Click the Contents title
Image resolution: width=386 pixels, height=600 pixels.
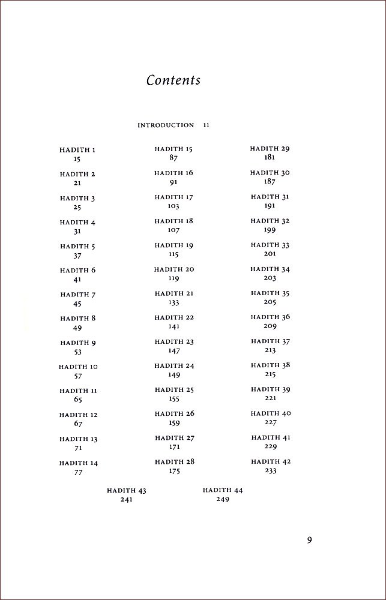coord(173,80)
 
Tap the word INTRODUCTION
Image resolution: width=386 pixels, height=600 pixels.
coord(166,125)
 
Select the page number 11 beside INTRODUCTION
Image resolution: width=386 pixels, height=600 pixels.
coord(206,125)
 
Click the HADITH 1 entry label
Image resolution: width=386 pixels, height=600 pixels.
coord(77,150)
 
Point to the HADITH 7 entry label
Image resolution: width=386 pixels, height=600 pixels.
coord(78,295)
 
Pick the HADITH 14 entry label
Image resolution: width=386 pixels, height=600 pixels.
coord(78,463)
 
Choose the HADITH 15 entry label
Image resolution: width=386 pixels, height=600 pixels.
coord(173,149)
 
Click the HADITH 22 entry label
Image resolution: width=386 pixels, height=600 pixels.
coord(173,317)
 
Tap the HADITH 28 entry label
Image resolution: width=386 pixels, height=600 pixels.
coord(174,462)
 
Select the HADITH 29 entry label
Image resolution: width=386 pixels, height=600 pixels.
coord(270,148)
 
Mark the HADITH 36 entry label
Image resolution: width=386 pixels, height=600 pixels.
coord(270,317)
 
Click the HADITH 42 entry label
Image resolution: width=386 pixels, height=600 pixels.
coord(270,461)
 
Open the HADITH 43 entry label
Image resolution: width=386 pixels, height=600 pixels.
coord(126,490)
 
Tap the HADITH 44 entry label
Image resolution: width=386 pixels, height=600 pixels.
coord(222,490)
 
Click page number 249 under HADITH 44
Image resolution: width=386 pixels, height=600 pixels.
coord(222,499)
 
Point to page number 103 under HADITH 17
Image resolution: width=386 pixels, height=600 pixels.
coord(173,206)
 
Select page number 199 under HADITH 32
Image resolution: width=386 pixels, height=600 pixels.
coord(270,230)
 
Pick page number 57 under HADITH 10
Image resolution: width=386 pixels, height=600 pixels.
coord(77,376)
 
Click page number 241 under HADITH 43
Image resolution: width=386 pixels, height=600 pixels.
coord(126,500)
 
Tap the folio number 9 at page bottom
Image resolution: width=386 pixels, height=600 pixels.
coord(309,540)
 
